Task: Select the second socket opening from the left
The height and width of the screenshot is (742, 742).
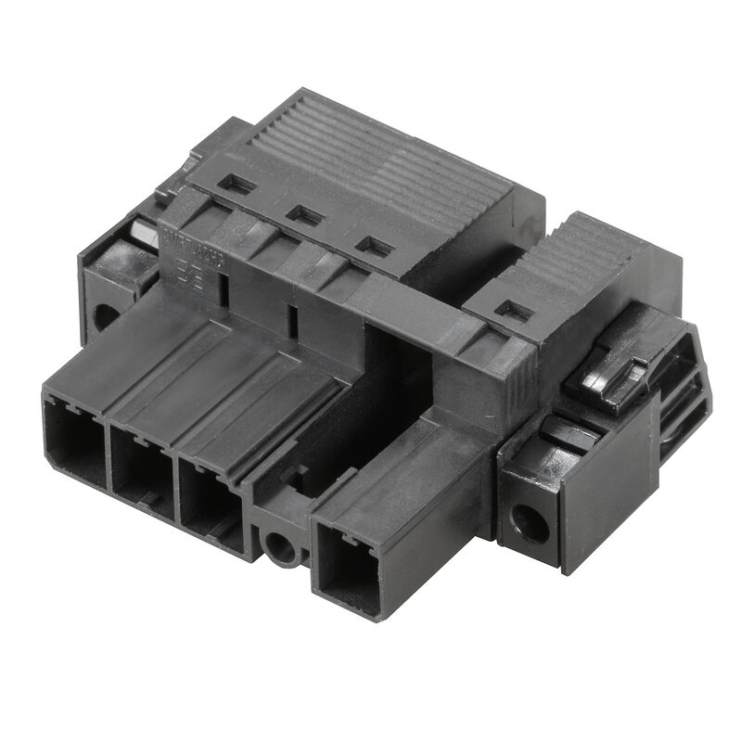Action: (x=141, y=471)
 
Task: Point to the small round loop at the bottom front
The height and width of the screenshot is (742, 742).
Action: (x=280, y=548)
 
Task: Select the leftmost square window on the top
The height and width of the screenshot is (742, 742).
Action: (x=237, y=185)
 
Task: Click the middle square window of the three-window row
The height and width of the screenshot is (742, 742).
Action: (x=303, y=215)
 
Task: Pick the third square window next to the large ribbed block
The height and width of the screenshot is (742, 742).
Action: (x=373, y=247)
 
